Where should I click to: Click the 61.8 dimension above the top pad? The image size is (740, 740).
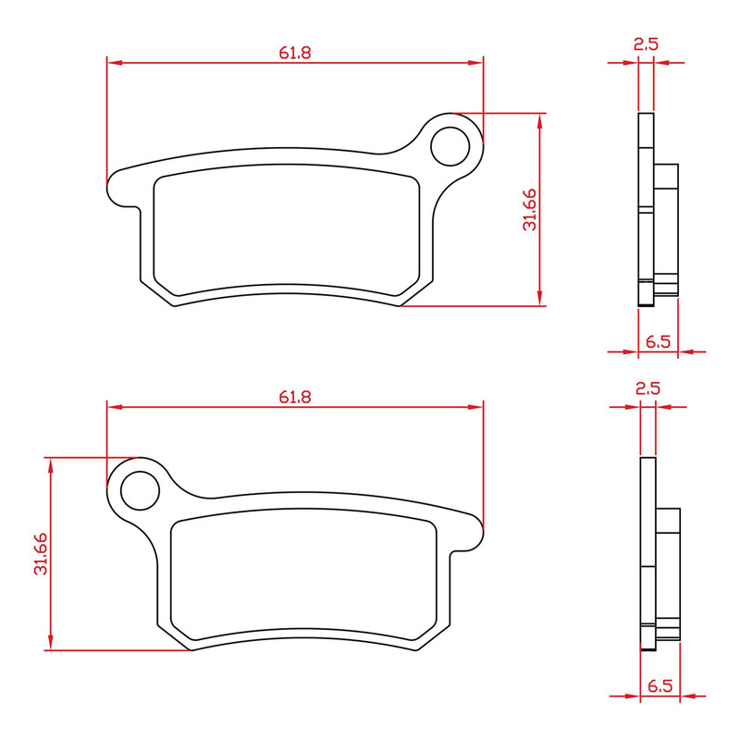point(295,53)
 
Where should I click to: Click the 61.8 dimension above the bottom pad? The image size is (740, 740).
point(295,396)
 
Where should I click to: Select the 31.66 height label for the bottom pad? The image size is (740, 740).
point(41,553)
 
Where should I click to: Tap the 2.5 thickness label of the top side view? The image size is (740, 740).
point(646,43)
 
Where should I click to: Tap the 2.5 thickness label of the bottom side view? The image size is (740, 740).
point(647,388)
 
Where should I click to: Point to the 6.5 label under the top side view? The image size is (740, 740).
point(658,341)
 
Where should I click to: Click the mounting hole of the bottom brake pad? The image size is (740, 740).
point(138,488)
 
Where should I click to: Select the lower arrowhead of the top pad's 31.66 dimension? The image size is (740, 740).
point(540,300)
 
